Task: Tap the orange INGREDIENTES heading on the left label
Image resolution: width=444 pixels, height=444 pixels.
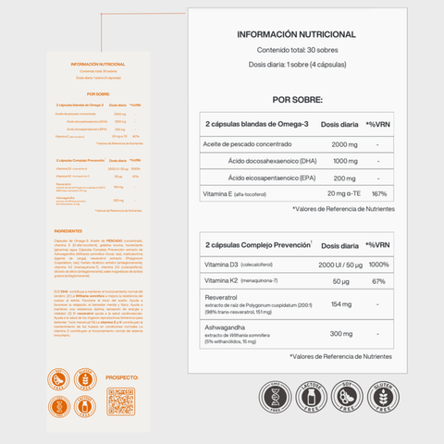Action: click(69, 230)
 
